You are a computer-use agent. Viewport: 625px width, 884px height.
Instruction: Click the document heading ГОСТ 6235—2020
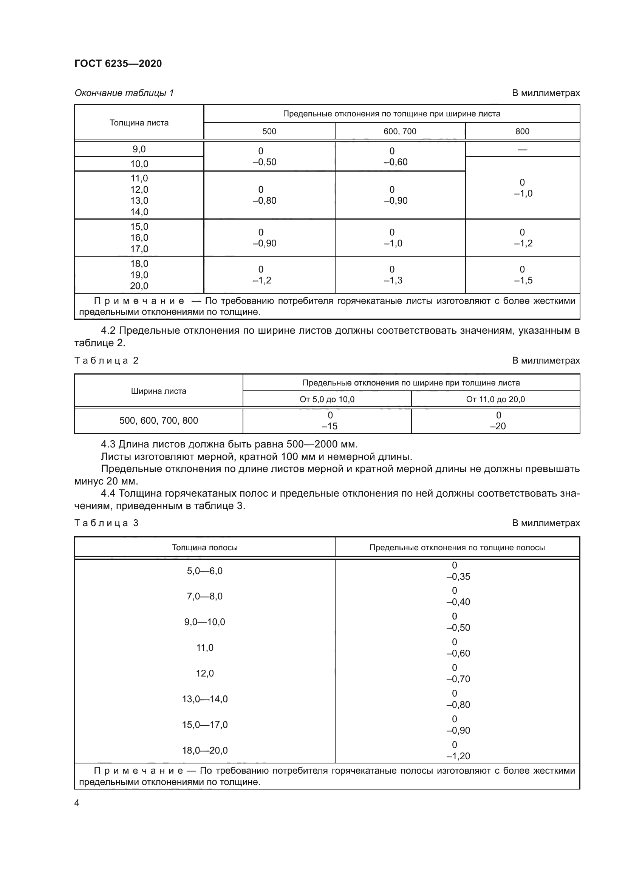click(x=118, y=63)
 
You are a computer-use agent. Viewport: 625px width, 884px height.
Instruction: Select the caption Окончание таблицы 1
click(x=124, y=93)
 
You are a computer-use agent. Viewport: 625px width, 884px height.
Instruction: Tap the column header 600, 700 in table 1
click(x=400, y=131)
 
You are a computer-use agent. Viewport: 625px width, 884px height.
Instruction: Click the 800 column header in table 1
click(x=522, y=131)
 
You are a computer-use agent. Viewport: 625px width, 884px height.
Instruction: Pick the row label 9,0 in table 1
click(x=139, y=149)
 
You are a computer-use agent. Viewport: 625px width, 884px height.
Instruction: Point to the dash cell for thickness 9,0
click(x=522, y=149)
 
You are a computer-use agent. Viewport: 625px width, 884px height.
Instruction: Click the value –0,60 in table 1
click(x=396, y=162)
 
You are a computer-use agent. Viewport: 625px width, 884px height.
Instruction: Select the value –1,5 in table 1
click(x=523, y=280)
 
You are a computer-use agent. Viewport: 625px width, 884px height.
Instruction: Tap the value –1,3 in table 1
click(x=393, y=280)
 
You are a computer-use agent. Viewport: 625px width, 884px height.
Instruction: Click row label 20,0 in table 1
click(x=139, y=286)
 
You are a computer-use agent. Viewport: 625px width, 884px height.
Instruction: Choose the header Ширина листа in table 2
click(x=159, y=391)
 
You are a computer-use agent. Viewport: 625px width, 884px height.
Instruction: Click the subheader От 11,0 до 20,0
click(x=495, y=399)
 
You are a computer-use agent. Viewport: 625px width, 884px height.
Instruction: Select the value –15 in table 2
click(x=330, y=426)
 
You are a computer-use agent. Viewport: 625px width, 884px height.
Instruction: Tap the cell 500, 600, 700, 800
click(x=159, y=420)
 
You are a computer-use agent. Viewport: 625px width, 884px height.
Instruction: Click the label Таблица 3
click(x=106, y=523)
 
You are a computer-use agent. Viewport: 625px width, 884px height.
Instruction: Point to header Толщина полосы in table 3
click(x=204, y=548)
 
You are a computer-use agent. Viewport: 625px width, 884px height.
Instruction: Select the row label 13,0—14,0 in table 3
click(x=205, y=699)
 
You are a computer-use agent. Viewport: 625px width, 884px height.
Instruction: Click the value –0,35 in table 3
click(x=458, y=577)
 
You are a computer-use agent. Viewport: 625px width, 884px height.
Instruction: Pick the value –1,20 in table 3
click(x=458, y=756)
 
